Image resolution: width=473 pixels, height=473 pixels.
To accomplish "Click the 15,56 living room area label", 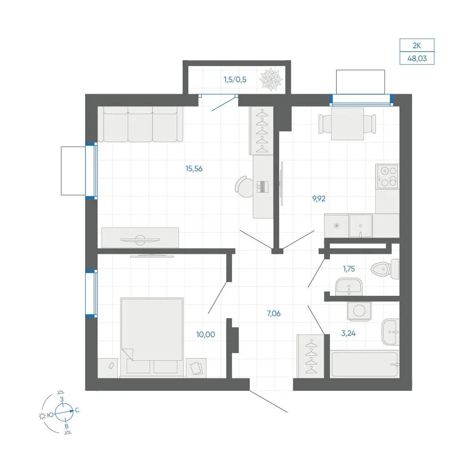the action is click(194, 169).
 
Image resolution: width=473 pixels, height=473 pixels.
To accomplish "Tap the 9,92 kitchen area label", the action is click(319, 199).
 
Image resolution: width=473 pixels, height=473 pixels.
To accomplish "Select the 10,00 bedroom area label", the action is click(205, 334).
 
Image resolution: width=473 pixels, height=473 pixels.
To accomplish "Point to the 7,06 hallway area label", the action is click(273, 314).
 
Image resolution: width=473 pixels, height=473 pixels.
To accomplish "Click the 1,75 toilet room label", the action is click(349, 269).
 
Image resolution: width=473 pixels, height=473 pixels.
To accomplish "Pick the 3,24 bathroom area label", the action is click(349, 333).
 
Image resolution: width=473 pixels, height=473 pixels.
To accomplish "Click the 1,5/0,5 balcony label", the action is click(235, 79).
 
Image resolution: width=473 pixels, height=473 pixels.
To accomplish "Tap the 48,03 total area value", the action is click(417, 59).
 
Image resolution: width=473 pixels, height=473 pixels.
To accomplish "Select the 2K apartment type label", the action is click(417, 45).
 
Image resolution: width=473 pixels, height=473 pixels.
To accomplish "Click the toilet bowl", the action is click(385, 269).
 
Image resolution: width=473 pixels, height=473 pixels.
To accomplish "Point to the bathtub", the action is click(365, 364).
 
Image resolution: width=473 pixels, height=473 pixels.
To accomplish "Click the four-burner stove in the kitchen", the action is click(388, 176).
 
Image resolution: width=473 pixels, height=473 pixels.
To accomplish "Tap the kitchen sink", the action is click(360, 226).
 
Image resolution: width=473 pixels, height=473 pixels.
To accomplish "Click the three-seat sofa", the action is click(140, 124).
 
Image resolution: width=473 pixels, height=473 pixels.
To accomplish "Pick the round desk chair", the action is click(245, 187).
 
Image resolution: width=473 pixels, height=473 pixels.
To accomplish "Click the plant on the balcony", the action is click(271, 79).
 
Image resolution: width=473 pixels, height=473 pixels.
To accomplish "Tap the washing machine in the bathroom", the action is click(359, 310).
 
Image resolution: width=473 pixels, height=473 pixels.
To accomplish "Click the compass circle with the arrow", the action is click(64, 412).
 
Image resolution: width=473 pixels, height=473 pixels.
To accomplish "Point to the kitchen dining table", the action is click(347, 124).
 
